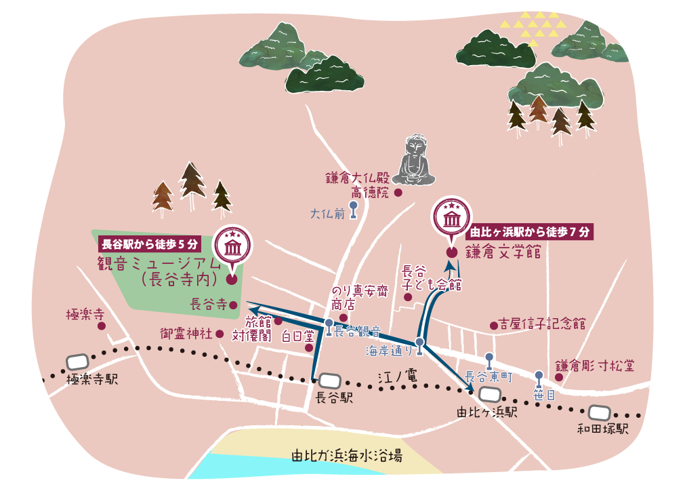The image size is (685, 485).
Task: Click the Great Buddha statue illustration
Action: (x=415, y=161)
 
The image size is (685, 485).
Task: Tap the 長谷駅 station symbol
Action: (x=330, y=381)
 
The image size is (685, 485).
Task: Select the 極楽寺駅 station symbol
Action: (x=78, y=362)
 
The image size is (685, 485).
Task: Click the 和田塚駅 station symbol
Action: (x=599, y=412)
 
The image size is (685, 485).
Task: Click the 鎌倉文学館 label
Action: (x=503, y=253)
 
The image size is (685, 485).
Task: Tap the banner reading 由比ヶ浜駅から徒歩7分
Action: (x=530, y=232)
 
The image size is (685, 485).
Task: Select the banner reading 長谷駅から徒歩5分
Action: (x=150, y=243)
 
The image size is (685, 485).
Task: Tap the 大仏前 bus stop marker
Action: (x=354, y=210)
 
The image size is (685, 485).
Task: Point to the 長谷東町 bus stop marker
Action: (x=489, y=360)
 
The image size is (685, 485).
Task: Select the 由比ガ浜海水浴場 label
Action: (x=346, y=456)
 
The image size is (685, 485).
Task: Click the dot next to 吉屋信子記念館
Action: (x=494, y=326)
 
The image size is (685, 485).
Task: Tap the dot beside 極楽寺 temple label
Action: (x=102, y=326)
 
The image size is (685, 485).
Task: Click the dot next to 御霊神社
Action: (x=220, y=334)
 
